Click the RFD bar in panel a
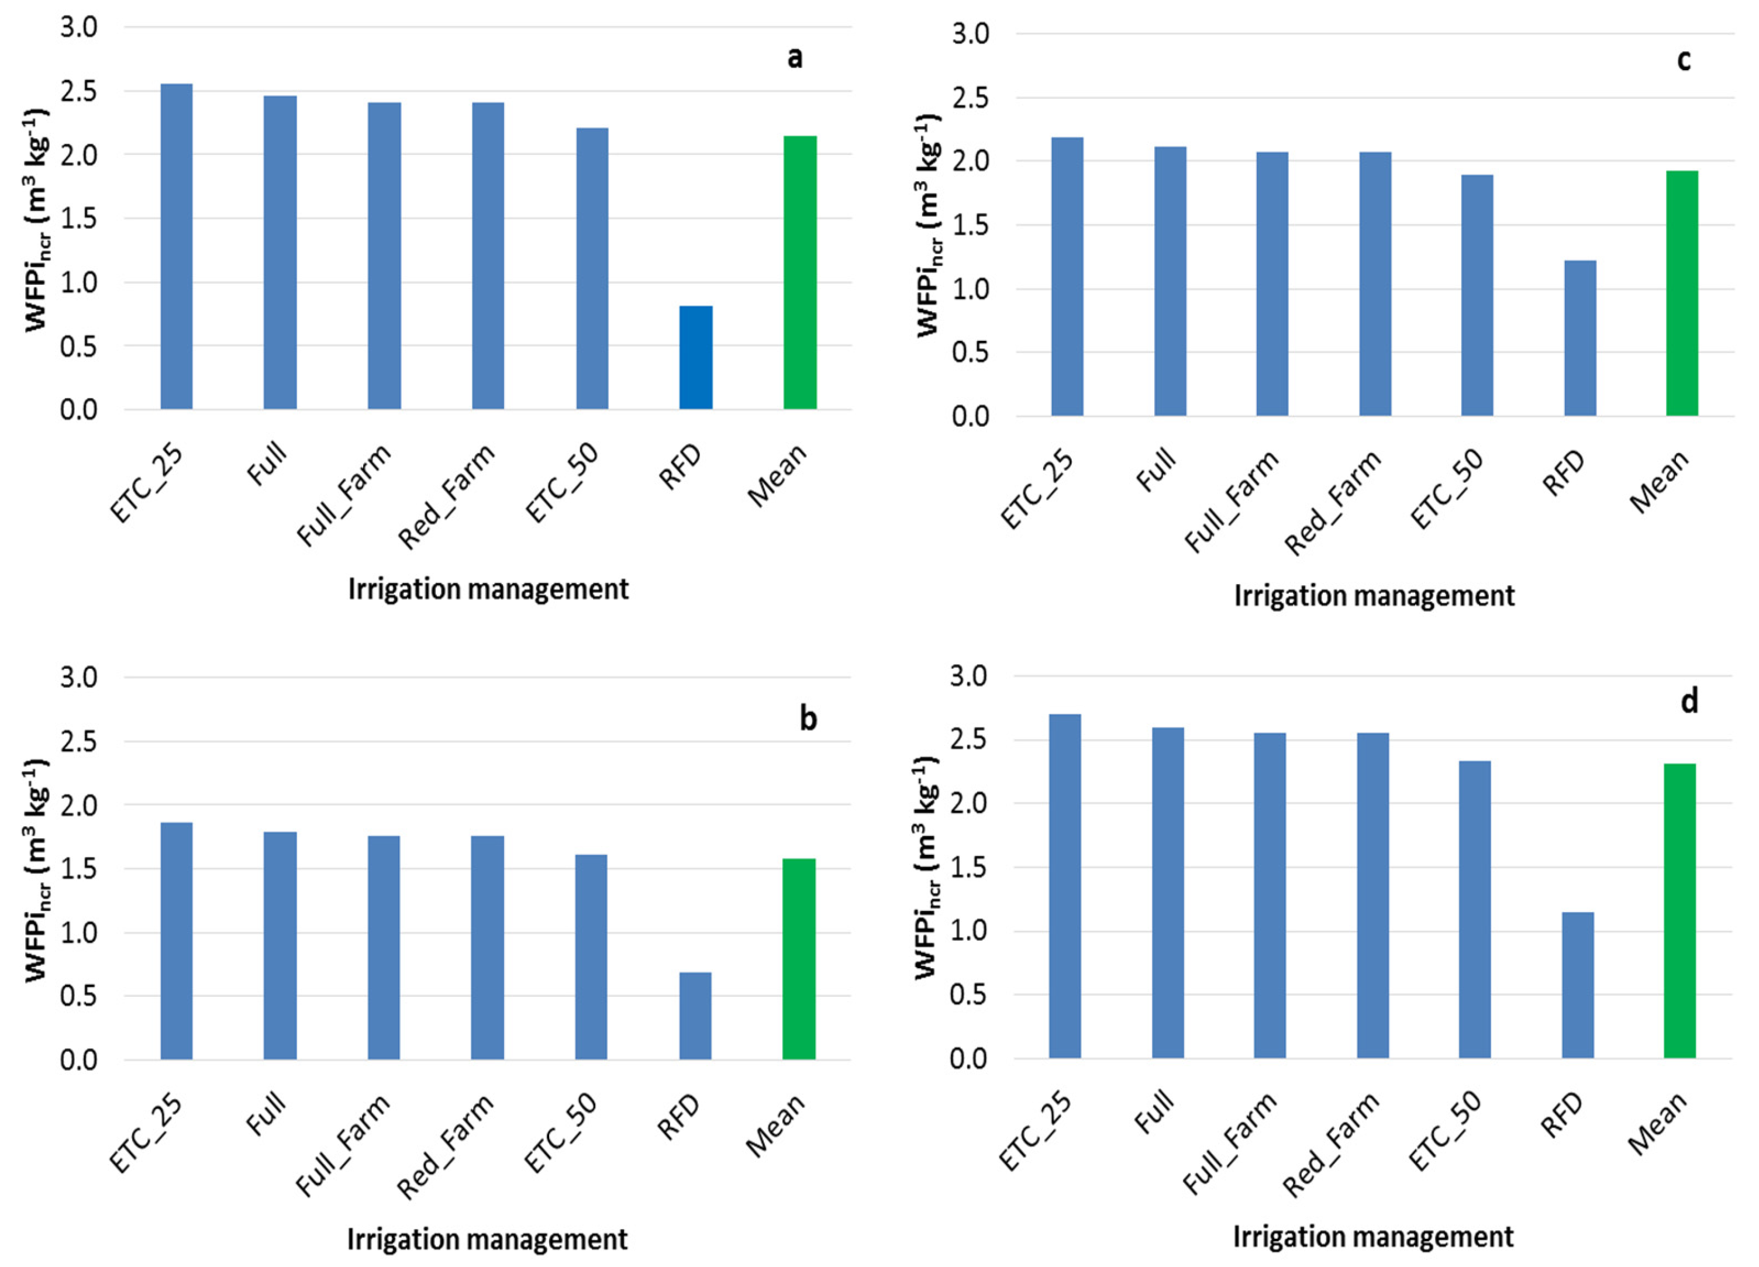(x=696, y=357)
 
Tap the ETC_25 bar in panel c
(x=1067, y=277)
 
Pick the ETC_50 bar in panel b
(x=591, y=957)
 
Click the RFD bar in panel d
(x=1578, y=985)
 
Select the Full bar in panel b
(x=280, y=945)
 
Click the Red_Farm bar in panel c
(x=1375, y=284)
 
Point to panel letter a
(x=795, y=57)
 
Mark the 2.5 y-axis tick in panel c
(x=970, y=98)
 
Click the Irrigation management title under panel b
(x=487, y=1239)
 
